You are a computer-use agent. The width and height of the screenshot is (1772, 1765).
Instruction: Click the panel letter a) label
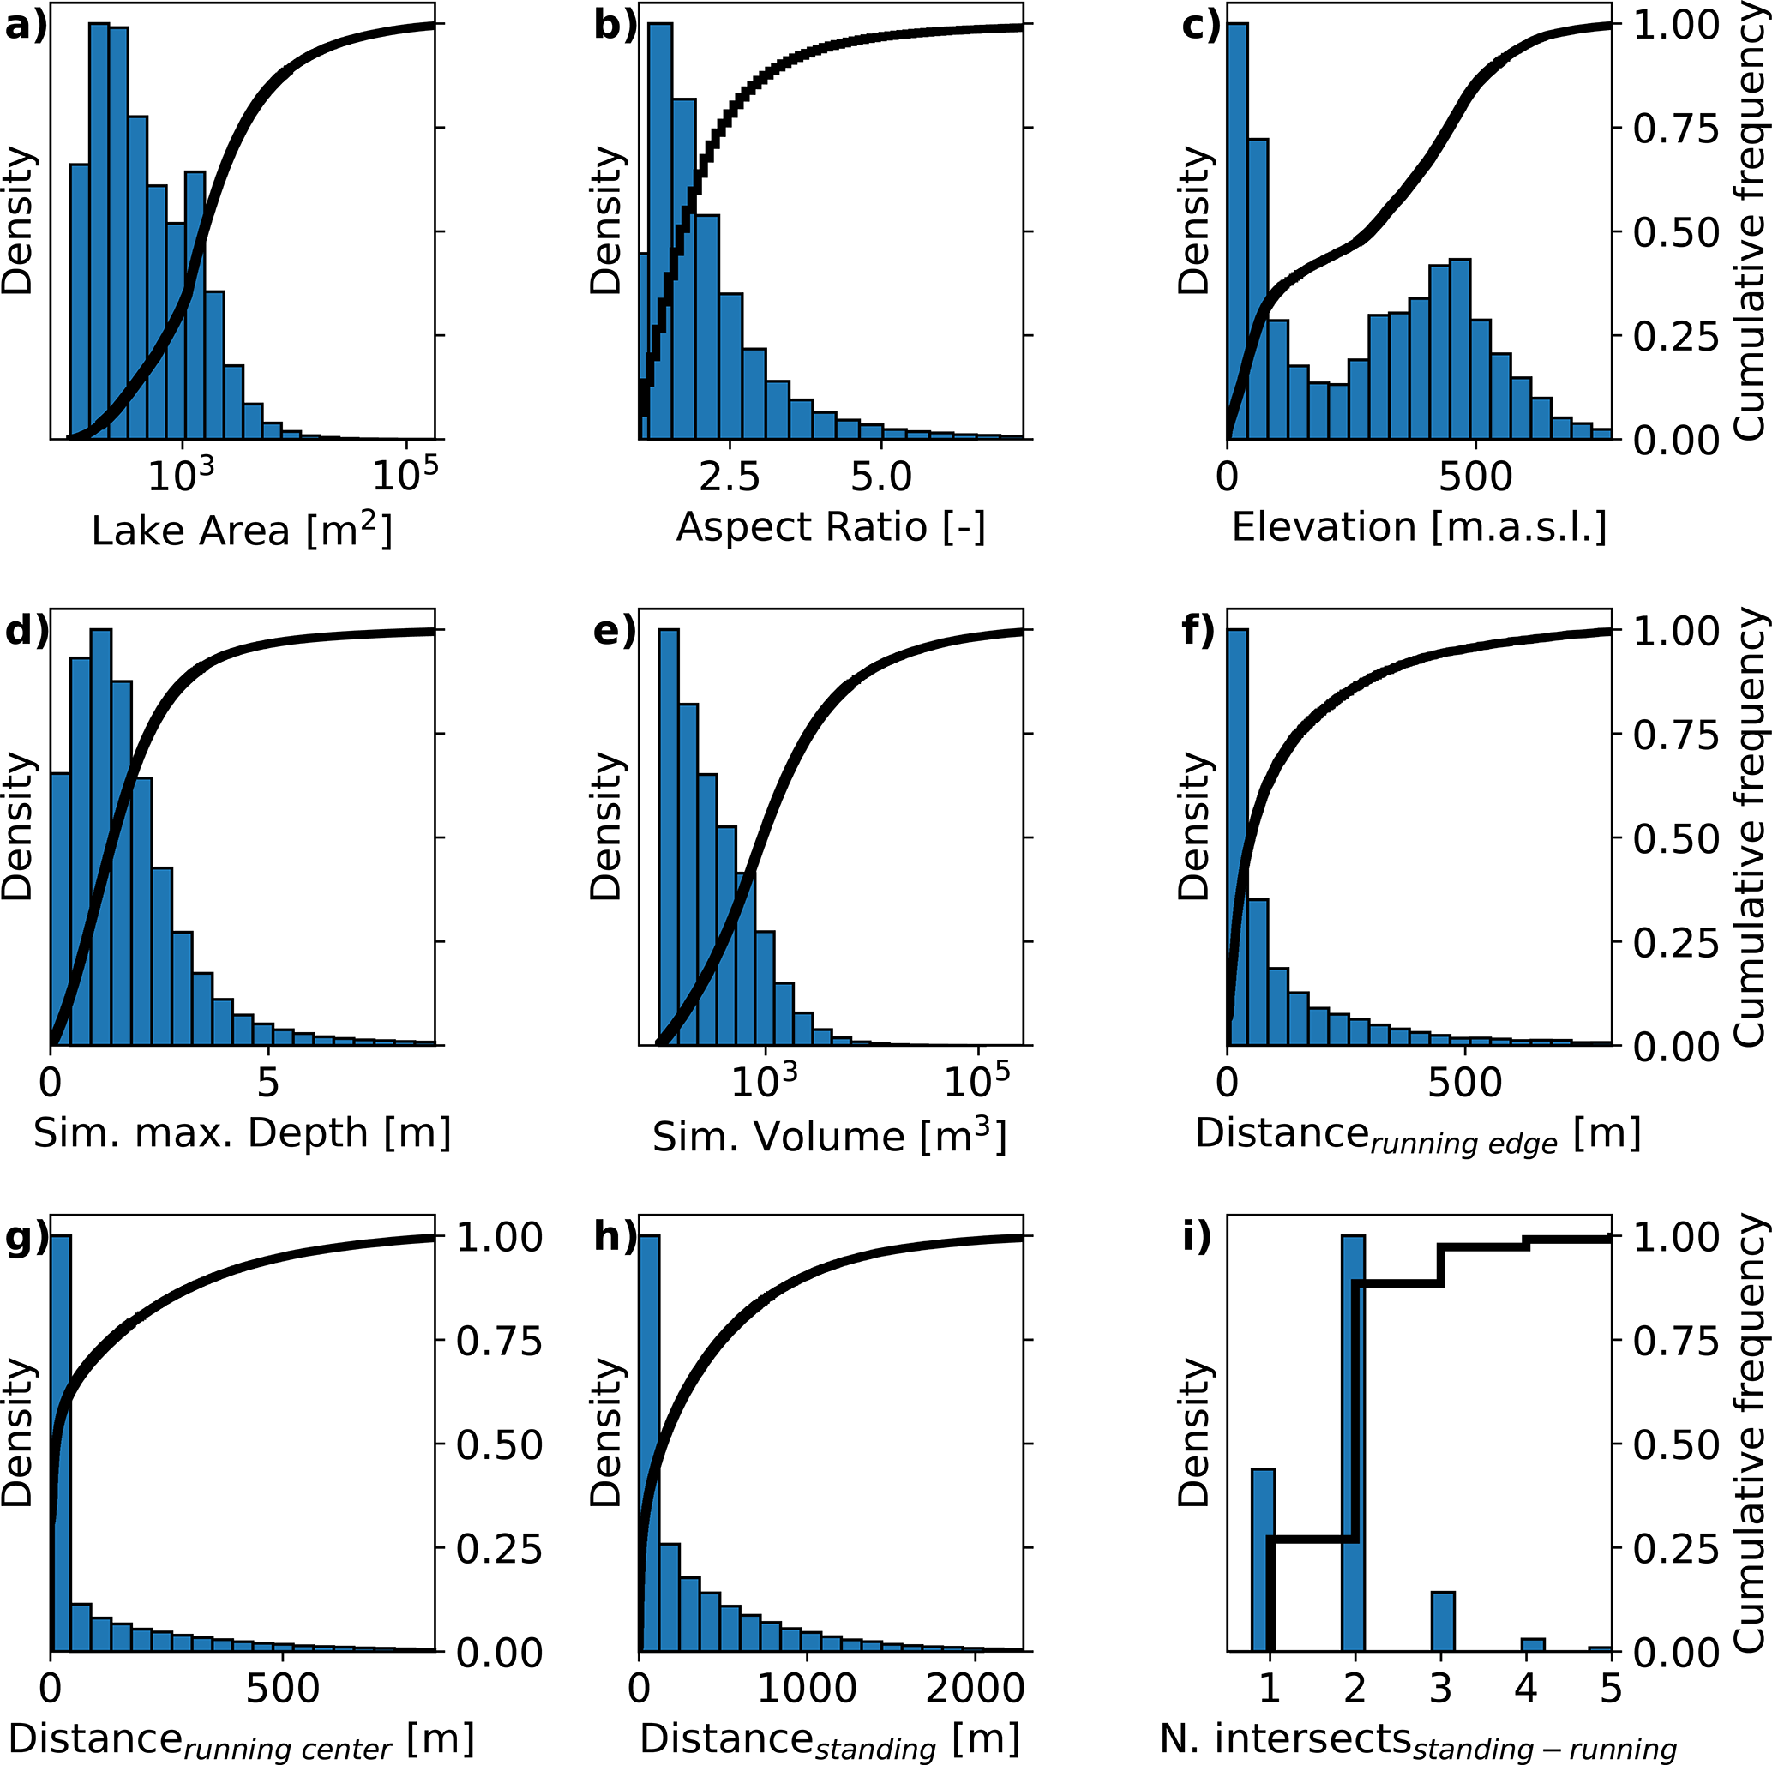point(25,27)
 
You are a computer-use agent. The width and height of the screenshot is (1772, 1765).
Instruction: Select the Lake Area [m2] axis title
point(242,530)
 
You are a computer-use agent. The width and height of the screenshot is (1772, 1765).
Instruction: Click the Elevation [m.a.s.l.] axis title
point(1419,528)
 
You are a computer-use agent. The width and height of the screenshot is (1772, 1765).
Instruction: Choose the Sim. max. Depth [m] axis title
point(242,1133)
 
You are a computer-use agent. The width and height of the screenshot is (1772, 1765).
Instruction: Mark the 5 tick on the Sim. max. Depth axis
point(267,1083)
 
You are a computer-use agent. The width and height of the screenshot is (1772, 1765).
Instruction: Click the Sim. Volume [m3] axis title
point(830,1136)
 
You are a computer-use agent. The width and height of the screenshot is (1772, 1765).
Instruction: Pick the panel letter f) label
point(1198,632)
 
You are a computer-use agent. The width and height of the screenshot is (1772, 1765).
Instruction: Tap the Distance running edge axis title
point(1418,1135)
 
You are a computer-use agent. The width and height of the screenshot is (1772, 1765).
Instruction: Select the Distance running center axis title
point(240,1740)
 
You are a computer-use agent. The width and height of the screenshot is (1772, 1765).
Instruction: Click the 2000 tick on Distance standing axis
point(974,1688)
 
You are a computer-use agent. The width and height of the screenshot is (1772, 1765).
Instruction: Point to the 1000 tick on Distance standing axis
point(807,1688)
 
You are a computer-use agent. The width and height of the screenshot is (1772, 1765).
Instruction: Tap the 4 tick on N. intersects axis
point(1525,1688)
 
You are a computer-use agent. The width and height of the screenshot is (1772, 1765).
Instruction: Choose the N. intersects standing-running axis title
point(1418,1740)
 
